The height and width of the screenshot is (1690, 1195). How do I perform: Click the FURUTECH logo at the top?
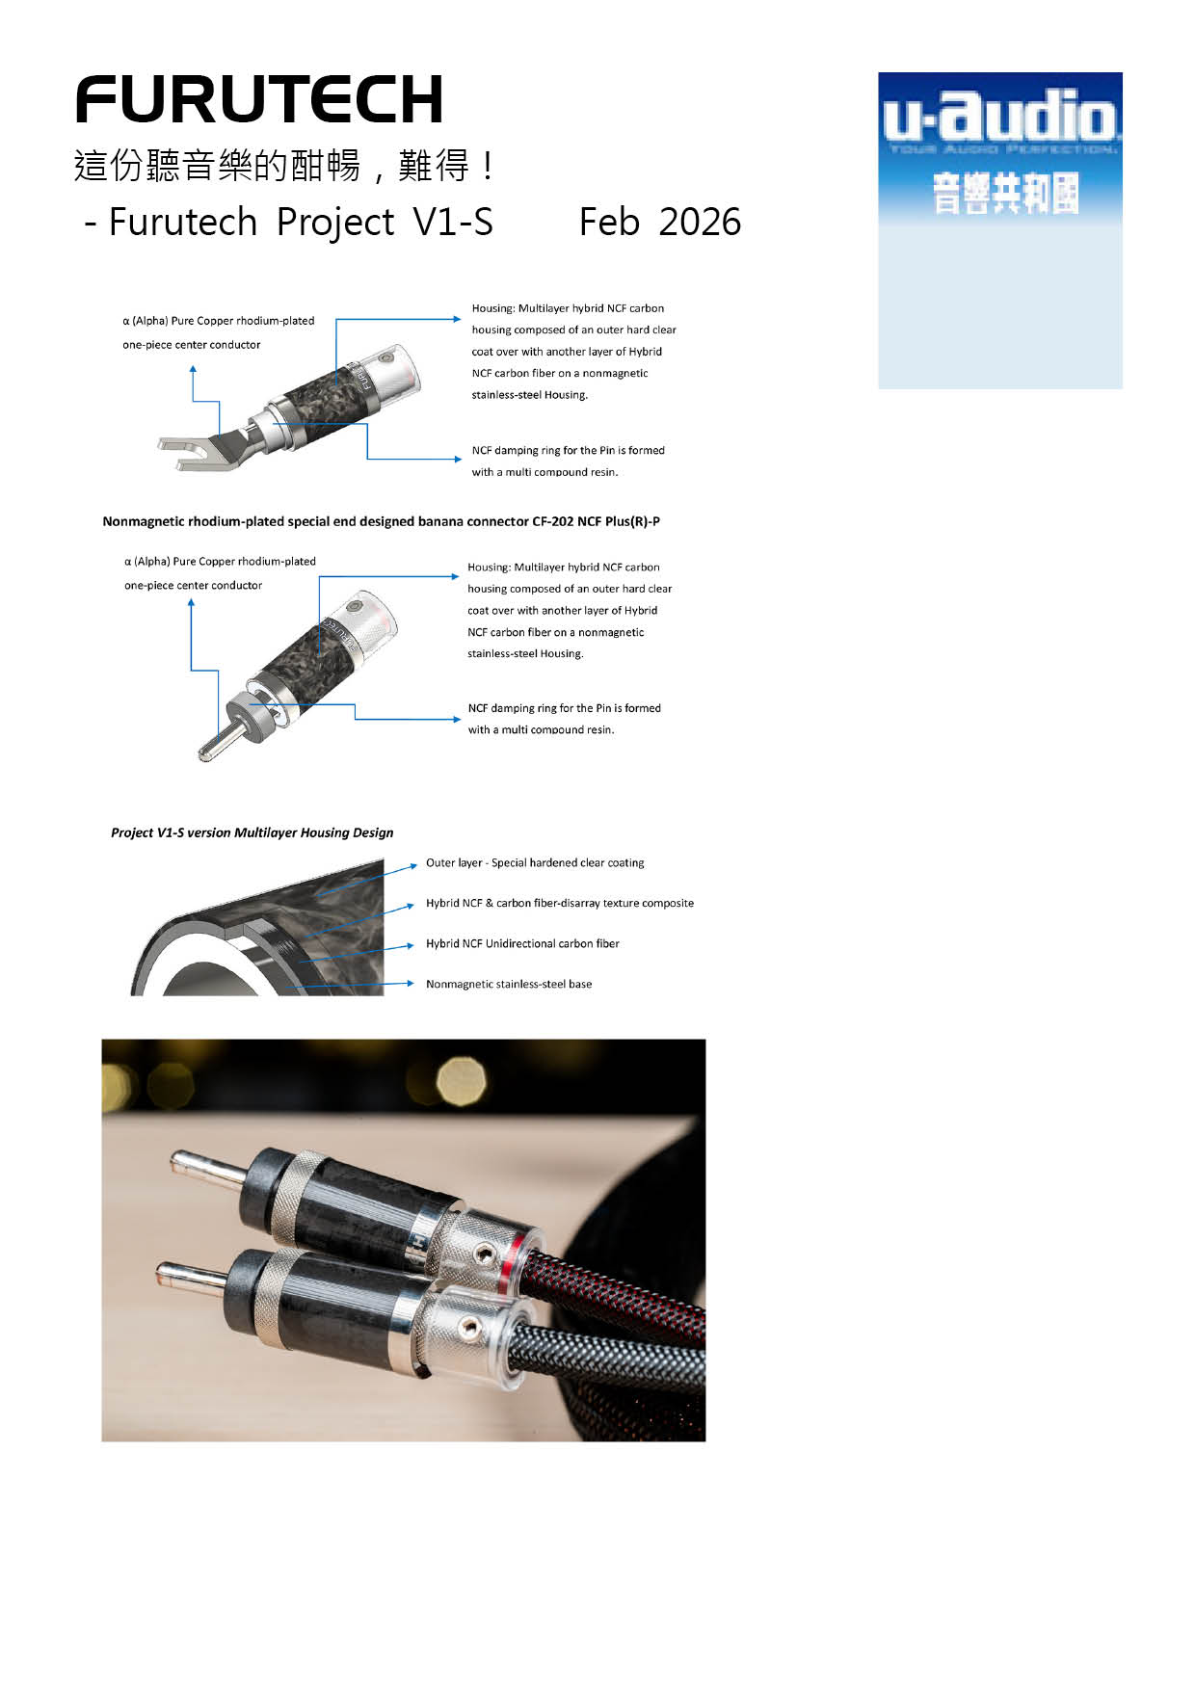[x=258, y=99]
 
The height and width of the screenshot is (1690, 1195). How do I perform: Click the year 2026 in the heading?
[x=701, y=223]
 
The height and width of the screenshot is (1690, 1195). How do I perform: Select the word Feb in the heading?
[x=609, y=223]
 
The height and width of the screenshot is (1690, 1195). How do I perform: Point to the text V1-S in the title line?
[x=453, y=223]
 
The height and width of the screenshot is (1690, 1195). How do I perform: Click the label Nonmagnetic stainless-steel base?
[x=509, y=984]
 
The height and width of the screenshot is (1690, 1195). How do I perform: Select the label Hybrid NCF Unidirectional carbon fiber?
[x=522, y=943]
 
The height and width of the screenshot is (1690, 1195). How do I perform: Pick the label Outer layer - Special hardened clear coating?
[x=535, y=863]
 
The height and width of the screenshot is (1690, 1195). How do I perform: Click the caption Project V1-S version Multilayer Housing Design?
[x=252, y=832]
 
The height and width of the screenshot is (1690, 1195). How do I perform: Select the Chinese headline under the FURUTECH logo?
[x=285, y=166]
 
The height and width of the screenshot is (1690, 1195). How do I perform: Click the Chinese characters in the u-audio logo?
[x=1005, y=193]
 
